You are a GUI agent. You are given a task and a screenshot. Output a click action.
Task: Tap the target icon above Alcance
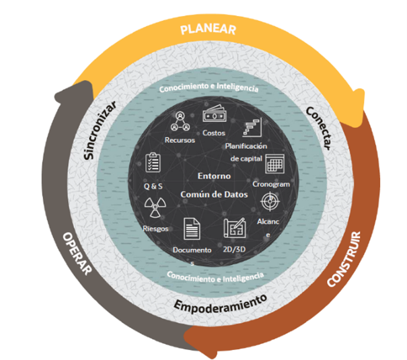(x=269, y=201)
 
